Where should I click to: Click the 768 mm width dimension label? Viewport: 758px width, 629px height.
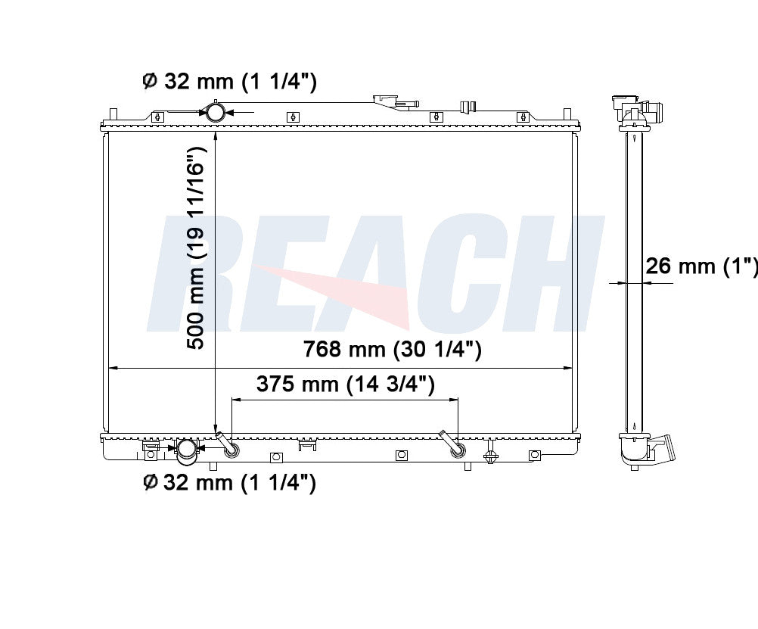pos(392,349)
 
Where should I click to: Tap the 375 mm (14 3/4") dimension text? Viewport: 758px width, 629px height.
pos(346,385)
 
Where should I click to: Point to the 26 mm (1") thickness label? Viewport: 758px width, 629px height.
pos(701,266)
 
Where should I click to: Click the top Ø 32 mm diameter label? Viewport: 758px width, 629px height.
pos(230,81)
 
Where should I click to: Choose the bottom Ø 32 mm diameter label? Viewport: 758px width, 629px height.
pos(230,482)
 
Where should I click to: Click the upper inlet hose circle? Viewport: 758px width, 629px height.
pos(215,112)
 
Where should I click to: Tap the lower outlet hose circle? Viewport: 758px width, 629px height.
pos(187,449)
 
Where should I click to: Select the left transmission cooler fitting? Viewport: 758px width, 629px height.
pos(228,444)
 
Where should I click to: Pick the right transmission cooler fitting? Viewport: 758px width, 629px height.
pos(452,444)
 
